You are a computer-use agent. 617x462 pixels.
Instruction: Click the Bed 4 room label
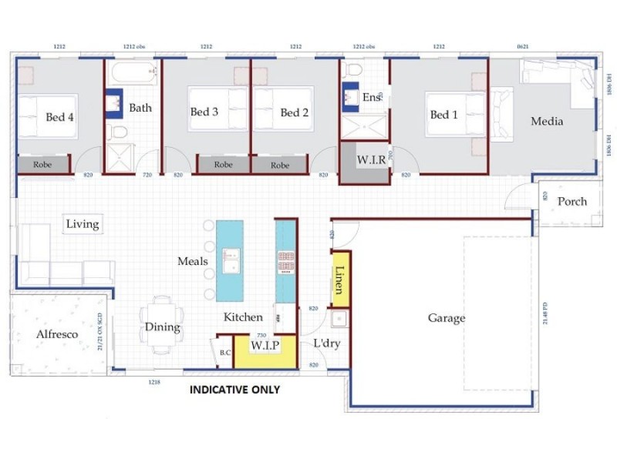pos(60,117)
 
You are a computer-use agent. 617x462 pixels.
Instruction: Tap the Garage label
pos(447,318)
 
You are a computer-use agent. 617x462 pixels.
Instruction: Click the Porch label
pos(571,202)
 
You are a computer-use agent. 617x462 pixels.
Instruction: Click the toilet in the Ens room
pos(354,71)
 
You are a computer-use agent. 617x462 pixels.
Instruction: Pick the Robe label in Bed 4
pos(42,165)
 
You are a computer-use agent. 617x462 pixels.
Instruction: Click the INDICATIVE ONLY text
pos(234,390)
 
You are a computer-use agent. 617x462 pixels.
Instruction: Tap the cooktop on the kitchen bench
pos(285,262)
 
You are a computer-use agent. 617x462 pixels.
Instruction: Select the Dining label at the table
pos(162,327)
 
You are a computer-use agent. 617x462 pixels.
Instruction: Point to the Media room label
pos(547,121)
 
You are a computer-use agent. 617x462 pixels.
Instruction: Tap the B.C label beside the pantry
pos(225,353)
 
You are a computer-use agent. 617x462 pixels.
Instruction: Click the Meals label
pos(193,261)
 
